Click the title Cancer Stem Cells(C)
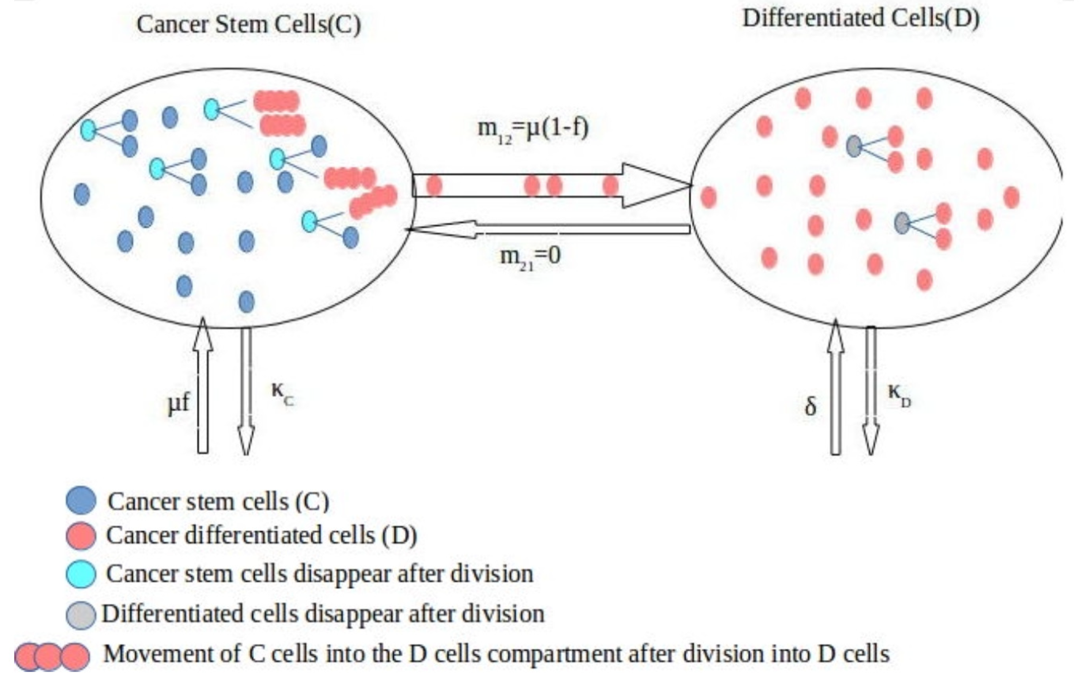tap(248, 24)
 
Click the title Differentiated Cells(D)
tap(861, 19)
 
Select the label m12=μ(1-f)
tap(532, 129)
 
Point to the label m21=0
tap(530, 257)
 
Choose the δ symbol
tap(811, 407)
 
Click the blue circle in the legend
tap(81, 500)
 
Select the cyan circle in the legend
tap(81, 574)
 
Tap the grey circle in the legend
tap(81, 615)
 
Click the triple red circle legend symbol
tap(51, 656)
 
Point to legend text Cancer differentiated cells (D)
tap(261, 535)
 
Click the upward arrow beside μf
tap(203, 386)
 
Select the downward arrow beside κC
tap(246, 390)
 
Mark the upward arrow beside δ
tap(835, 386)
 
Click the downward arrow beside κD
tap(870, 390)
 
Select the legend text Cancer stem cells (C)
tap(218, 501)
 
